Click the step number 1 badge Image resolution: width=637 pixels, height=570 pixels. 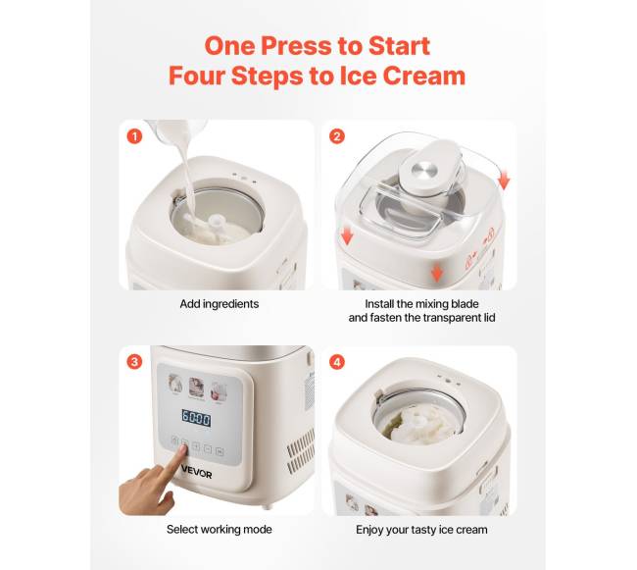coord(134,136)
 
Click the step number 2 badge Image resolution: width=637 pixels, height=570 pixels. coord(337,136)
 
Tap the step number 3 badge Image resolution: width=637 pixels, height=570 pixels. coord(134,361)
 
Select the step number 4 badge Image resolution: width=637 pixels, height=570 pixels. coord(337,361)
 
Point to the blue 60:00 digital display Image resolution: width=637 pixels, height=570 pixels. coord(196,418)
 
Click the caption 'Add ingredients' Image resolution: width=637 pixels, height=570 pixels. coord(220,304)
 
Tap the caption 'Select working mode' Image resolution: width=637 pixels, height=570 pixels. coord(220,530)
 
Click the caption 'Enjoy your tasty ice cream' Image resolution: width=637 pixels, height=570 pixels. coord(421,530)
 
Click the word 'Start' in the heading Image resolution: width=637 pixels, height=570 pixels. coord(399,45)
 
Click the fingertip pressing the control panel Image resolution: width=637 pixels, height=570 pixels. coord(183,448)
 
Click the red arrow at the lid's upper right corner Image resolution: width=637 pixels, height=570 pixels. coord(504,181)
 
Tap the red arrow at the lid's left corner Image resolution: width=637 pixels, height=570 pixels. coord(347,235)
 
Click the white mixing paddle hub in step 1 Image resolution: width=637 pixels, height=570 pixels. coord(216,222)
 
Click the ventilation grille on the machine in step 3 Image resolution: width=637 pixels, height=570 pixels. coord(301,450)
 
